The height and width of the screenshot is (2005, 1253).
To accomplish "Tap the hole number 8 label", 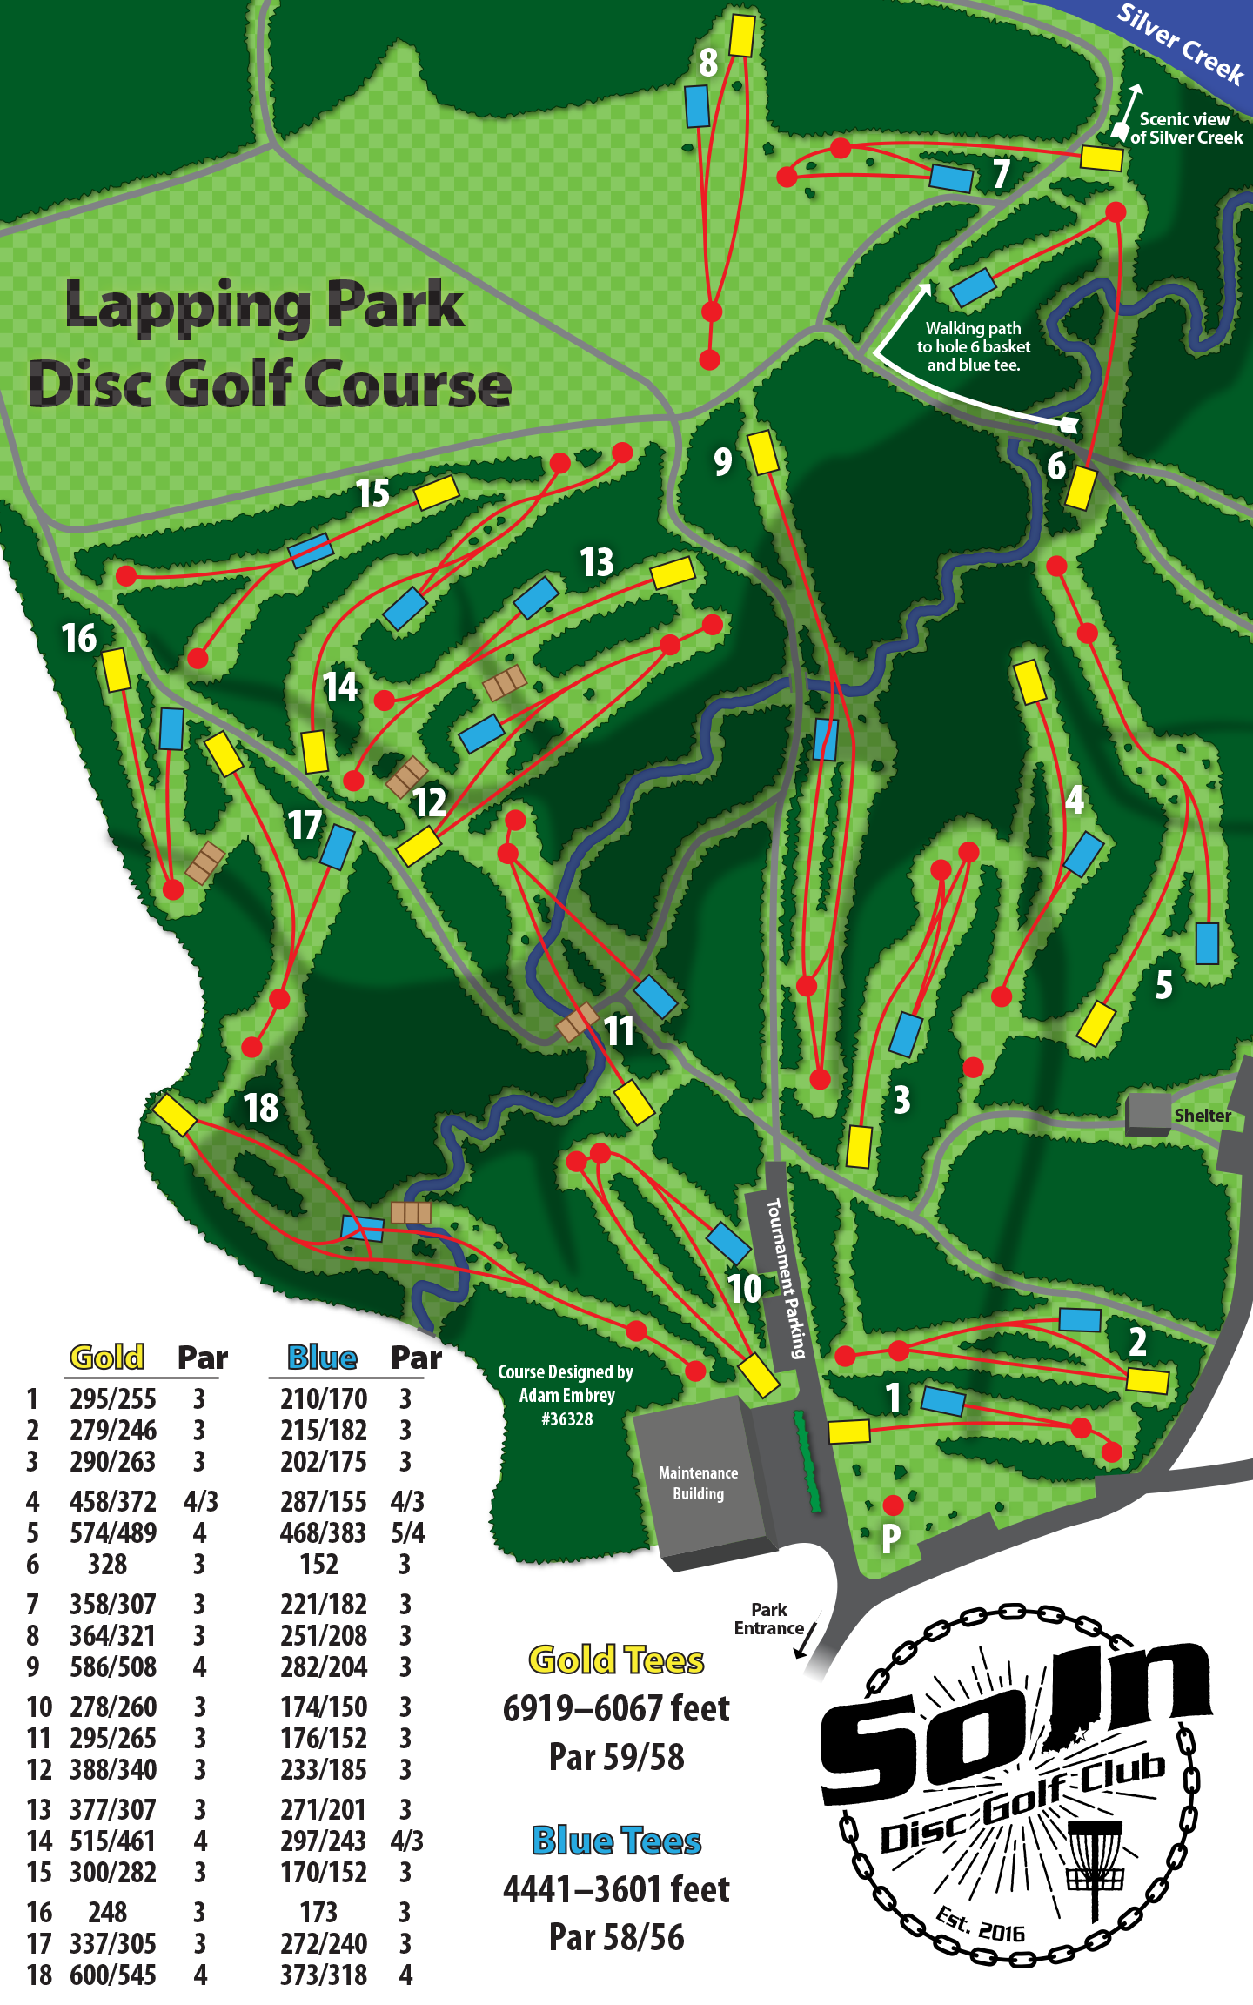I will (708, 63).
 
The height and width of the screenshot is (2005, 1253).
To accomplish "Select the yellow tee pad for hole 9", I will (763, 453).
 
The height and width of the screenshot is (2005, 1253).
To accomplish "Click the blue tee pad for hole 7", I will (951, 178).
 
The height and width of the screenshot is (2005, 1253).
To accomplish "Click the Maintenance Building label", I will (698, 1483).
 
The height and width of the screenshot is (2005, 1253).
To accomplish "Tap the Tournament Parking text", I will (786, 1277).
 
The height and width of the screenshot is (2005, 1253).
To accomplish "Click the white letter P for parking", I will (890, 1539).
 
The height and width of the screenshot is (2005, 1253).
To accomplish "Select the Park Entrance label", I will (769, 1619).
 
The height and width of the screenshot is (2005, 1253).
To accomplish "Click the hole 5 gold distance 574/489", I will (113, 1532).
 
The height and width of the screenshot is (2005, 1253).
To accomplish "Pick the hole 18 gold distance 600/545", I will (113, 1975).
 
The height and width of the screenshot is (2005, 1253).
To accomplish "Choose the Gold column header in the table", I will (107, 1358).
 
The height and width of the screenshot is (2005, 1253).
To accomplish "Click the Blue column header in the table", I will (322, 1358).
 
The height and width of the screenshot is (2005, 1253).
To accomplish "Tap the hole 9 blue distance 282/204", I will (324, 1666).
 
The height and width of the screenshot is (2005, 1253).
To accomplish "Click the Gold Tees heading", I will (616, 1660).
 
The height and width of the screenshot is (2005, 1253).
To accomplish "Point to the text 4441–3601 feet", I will (616, 1889).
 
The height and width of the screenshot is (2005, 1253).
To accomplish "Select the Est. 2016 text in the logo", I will (980, 1925).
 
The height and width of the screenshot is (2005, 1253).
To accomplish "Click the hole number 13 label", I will (597, 563).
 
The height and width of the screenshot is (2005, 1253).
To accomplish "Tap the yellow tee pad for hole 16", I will (117, 670).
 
